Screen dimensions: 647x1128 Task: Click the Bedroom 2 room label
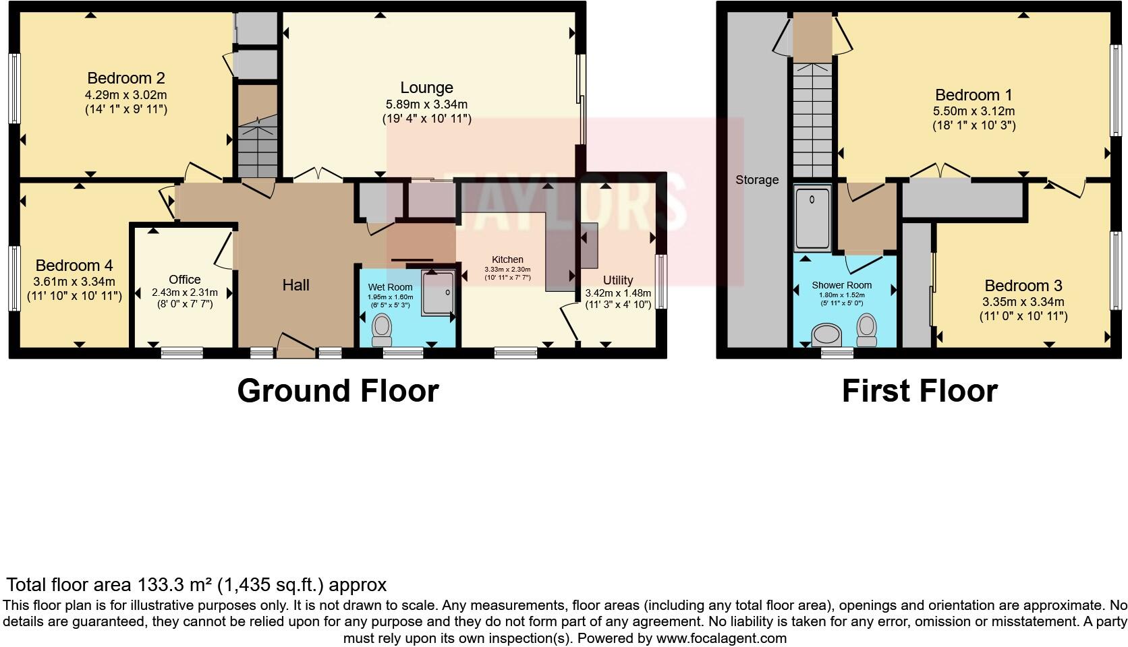click(x=126, y=78)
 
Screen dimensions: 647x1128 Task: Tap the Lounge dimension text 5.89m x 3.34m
click(x=426, y=104)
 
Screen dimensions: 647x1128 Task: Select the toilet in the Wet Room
click(x=382, y=328)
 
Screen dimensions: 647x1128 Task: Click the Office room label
click(x=185, y=279)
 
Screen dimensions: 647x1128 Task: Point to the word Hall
click(x=295, y=285)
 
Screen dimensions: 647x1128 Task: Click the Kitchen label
click(x=507, y=259)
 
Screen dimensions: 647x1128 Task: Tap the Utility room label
click(x=618, y=280)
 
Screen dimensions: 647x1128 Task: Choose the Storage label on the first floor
click(x=757, y=180)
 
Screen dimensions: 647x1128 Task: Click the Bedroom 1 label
click(x=974, y=95)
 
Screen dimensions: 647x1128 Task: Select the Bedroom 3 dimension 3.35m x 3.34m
click(x=1023, y=302)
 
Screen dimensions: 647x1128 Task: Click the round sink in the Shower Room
click(x=828, y=334)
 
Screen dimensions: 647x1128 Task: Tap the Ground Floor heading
click(x=337, y=391)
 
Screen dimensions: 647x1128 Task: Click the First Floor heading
click(x=920, y=391)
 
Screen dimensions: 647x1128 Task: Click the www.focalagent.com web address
click(x=721, y=638)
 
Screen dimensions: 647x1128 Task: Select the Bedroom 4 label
click(x=74, y=266)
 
